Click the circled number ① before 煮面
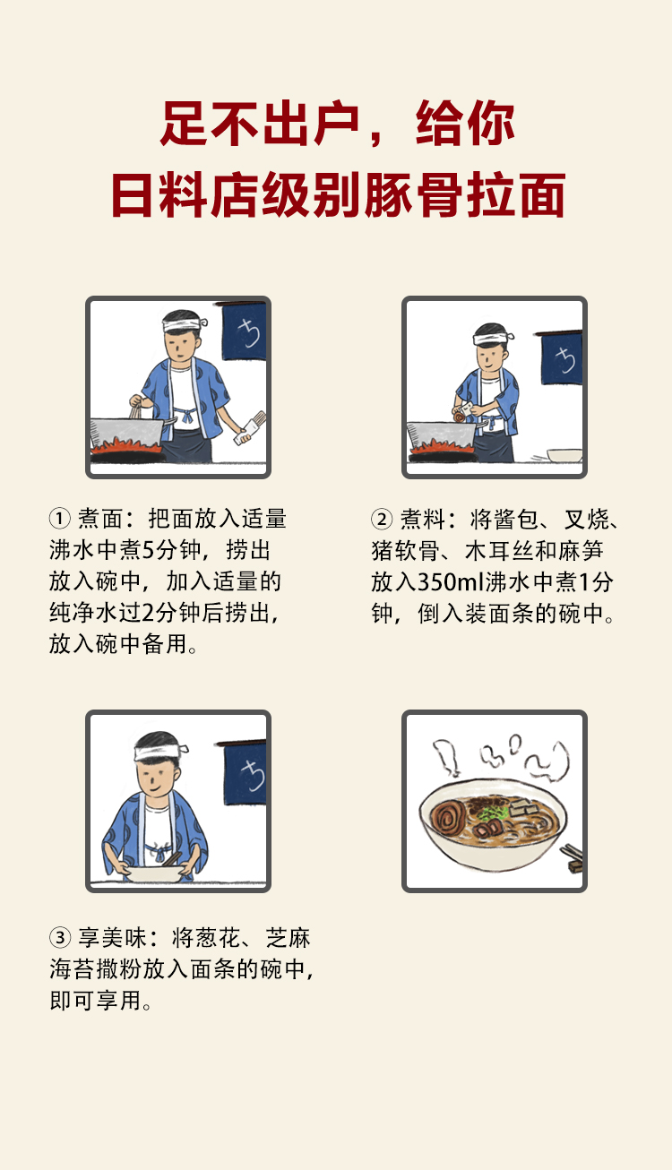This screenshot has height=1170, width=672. (59, 520)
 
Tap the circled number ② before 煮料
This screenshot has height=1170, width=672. (382, 520)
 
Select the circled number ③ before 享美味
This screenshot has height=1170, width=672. (59, 939)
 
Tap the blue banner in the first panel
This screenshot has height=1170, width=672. (245, 331)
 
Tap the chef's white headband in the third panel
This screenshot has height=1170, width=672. (161, 749)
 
